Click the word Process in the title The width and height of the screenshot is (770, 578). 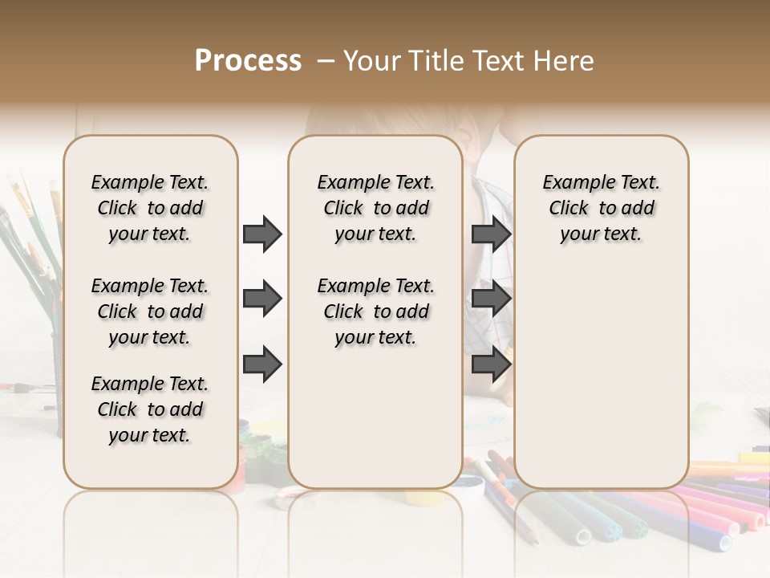(x=247, y=61)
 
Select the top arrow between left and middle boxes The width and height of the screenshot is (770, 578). (x=262, y=234)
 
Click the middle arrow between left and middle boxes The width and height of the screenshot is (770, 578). (x=262, y=299)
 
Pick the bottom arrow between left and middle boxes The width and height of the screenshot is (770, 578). (x=262, y=364)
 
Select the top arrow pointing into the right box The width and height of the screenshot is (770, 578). (x=491, y=234)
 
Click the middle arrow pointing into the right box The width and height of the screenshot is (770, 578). (x=491, y=299)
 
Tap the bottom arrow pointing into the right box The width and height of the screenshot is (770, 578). (x=491, y=364)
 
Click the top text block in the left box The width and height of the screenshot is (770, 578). (x=150, y=208)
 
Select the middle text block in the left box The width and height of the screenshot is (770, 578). (x=150, y=311)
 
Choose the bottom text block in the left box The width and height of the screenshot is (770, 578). (x=150, y=409)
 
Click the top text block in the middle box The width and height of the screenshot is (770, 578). (x=375, y=208)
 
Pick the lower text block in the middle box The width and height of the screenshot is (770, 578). (x=375, y=311)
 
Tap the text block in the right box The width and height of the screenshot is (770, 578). (x=602, y=208)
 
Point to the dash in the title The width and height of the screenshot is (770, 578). (x=326, y=61)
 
